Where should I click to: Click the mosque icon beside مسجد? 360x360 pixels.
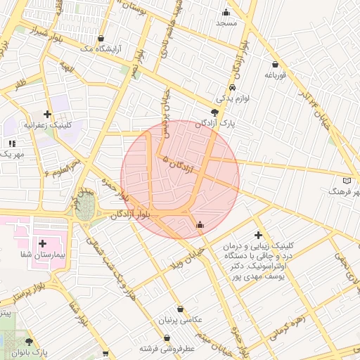[x=226, y=12]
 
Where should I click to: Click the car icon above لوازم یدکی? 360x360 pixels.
[x=233, y=88]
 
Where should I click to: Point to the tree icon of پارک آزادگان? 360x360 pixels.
[x=214, y=112]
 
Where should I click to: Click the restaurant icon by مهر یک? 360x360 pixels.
[x=13, y=143]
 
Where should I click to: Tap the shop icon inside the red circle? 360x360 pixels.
[x=200, y=224]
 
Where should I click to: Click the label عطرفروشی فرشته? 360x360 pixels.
[x=169, y=348]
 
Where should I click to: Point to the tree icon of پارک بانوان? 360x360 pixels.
[x=28, y=341]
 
